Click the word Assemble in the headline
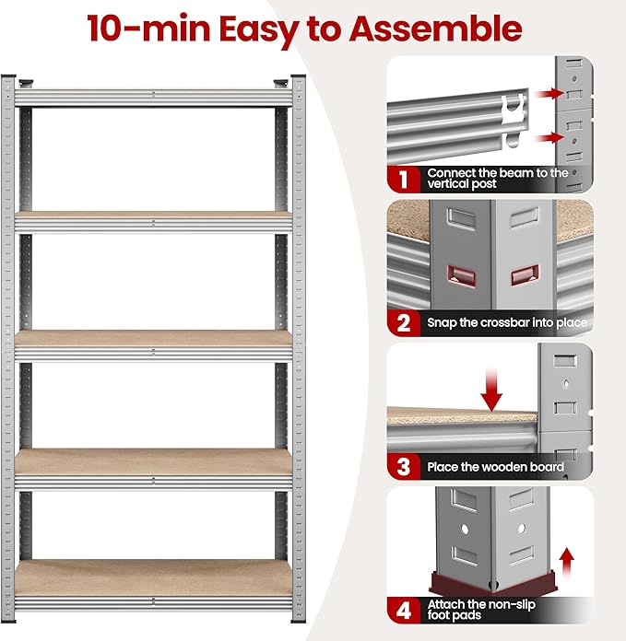click(x=435, y=29)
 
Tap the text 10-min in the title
click(x=149, y=29)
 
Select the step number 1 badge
click(x=404, y=180)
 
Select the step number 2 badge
click(x=404, y=323)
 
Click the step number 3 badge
click(x=404, y=466)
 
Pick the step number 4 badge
click(x=404, y=610)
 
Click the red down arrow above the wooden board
click(x=491, y=390)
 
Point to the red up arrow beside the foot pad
click(x=567, y=563)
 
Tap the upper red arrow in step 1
click(x=549, y=94)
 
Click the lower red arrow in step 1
click(x=549, y=137)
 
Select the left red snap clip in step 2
click(x=461, y=275)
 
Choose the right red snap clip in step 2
click(x=525, y=275)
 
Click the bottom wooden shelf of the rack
click(x=153, y=577)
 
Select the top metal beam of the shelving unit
click(x=153, y=98)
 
